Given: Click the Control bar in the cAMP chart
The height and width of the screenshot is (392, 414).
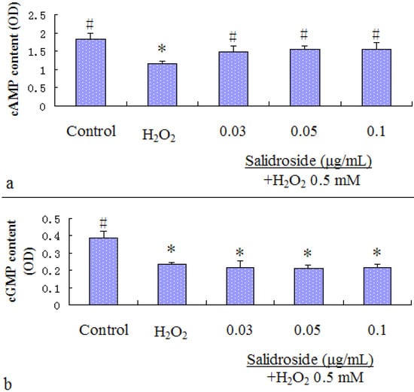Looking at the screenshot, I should (90, 72).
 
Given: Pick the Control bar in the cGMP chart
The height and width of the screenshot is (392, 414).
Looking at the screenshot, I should (90, 272).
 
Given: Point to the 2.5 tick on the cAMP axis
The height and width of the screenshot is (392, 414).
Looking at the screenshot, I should (47, 15).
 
